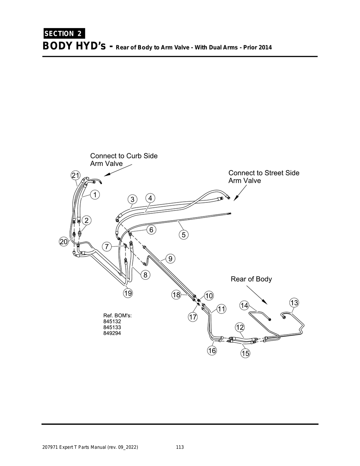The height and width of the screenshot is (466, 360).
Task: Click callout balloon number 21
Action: click(x=76, y=175)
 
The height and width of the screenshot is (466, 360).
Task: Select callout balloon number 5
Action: click(x=184, y=234)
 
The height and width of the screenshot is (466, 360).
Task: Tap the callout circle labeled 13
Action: click(x=294, y=303)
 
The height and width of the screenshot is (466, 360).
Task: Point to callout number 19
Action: click(x=128, y=293)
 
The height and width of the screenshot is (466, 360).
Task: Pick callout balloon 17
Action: click(x=193, y=317)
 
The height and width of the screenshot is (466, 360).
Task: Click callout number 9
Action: click(x=170, y=259)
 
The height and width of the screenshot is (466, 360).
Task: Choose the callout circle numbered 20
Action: click(x=64, y=242)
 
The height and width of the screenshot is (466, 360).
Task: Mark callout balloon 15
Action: click(x=245, y=353)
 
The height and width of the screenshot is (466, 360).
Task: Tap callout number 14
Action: click(x=244, y=305)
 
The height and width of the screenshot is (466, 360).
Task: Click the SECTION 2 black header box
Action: click(x=64, y=33)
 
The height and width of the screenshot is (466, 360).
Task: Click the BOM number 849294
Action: click(x=112, y=333)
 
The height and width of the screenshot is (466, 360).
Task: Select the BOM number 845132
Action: click(x=112, y=321)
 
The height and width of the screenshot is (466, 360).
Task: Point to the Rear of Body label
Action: click(x=251, y=279)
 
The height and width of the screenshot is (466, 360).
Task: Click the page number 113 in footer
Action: click(x=180, y=447)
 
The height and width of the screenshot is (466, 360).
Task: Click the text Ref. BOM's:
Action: click(x=117, y=315)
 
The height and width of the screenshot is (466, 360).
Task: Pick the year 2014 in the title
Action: click(x=265, y=47)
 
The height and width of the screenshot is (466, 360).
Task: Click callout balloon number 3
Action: click(x=132, y=199)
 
